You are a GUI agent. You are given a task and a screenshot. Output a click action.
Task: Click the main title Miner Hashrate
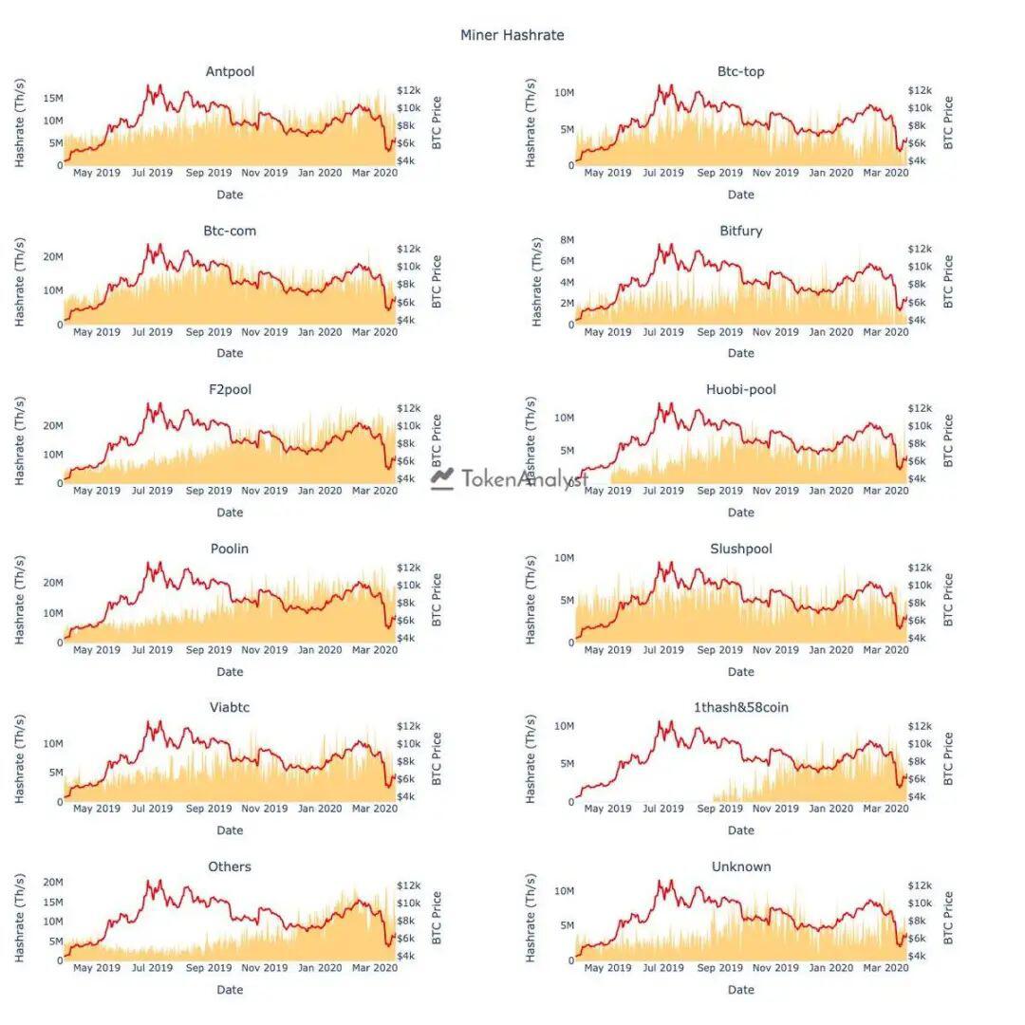point(512,35)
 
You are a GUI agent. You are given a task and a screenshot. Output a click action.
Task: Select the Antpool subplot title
point(230,72)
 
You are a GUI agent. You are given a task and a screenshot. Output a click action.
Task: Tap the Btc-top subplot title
point(740,72)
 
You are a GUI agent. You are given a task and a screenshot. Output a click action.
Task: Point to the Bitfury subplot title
point(740,231)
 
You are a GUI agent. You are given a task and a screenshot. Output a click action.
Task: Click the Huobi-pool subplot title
point(740,390)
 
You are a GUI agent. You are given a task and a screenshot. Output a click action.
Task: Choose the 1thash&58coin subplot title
point(740,707)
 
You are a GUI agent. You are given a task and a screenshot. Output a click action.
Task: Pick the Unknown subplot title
point(740,867)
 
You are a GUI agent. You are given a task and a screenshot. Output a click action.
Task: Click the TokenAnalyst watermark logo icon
point(442,479)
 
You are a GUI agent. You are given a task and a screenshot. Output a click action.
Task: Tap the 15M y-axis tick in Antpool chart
point(53,98)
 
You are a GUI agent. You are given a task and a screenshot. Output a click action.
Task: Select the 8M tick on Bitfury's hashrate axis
point(567,240)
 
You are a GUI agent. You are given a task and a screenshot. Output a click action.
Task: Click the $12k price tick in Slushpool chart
point(920,568)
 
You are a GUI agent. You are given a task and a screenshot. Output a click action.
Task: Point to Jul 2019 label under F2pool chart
point(152,491)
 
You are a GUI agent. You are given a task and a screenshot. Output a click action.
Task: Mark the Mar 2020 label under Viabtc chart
point(375,809)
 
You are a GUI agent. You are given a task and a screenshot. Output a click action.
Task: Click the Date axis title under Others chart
point(230,990)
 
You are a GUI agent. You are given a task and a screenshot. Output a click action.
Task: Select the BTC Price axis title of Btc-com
point(437,282)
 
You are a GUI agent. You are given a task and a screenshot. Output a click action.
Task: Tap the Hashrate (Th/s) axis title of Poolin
point(20,600)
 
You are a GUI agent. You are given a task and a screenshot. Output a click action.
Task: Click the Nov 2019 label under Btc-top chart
point(775,174)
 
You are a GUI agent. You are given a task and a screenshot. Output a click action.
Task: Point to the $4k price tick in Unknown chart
point(917,956)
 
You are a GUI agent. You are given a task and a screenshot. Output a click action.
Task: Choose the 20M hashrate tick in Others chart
point(53,883)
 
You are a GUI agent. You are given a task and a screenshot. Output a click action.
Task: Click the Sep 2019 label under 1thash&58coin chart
point(719,809)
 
